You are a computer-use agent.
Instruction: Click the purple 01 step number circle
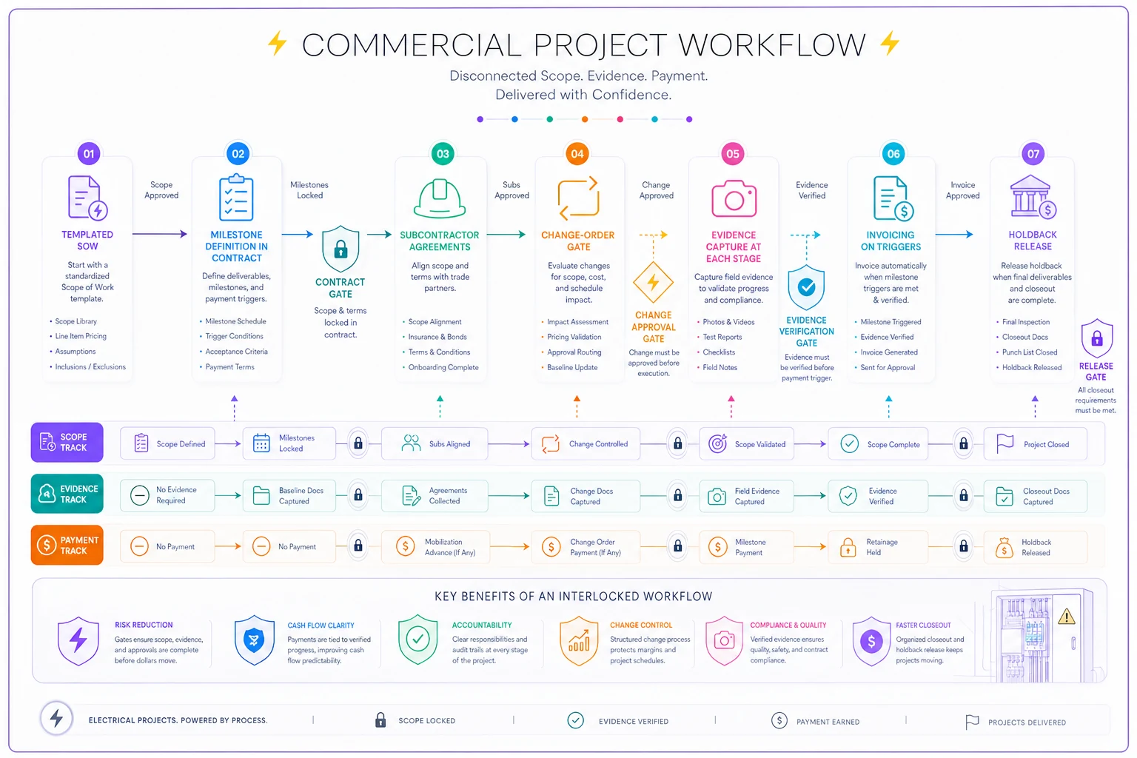tap(89, 154)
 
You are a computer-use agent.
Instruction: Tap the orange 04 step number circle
tap(577, 154)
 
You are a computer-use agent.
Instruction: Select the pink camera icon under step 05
tap(734, 198)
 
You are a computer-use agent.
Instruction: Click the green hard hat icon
tap(440, 198)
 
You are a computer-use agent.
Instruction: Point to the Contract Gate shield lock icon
tap(341, 248)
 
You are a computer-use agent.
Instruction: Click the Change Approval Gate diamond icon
tap(654, 282)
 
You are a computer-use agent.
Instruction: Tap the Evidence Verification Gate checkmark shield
tap(806, 287)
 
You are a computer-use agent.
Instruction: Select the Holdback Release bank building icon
tap(1033, 197)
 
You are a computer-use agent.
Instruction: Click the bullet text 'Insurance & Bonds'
tap(437, 337)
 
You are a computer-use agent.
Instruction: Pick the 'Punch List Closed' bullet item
tap(1030, 352)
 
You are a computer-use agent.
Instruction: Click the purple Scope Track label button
tap(67, 442)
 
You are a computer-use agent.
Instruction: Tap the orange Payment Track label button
tap(67, 546)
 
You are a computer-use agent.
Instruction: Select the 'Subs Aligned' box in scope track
tap(435, 443)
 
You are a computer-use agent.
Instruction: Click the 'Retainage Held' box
tap(878, 547)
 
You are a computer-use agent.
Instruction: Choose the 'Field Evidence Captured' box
tap(746, 496)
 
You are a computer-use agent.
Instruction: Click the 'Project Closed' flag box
tap(1035, 444)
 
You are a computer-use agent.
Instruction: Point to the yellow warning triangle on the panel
tap(1067, 617)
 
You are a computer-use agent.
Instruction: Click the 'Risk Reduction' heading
tap(144, 625)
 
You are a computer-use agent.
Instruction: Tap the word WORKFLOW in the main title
tap(772, 44)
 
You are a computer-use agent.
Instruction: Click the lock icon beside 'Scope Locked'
tap(380, 720)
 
